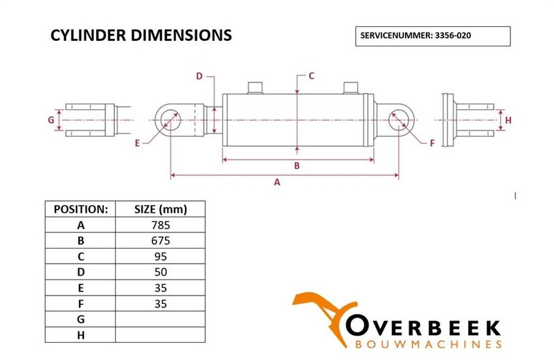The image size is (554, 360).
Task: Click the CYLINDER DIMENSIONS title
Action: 141,35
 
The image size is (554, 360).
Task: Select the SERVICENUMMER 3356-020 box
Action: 432,35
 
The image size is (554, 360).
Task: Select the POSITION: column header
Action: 80,209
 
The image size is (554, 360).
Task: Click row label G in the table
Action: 80,318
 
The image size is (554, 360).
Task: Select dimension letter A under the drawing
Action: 278,183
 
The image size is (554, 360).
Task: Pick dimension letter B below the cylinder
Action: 296,165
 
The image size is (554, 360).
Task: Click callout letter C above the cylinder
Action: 311,75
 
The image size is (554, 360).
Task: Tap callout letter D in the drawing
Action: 199,76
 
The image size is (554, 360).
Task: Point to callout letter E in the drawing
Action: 137,143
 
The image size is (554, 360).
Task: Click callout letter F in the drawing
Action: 432,143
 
